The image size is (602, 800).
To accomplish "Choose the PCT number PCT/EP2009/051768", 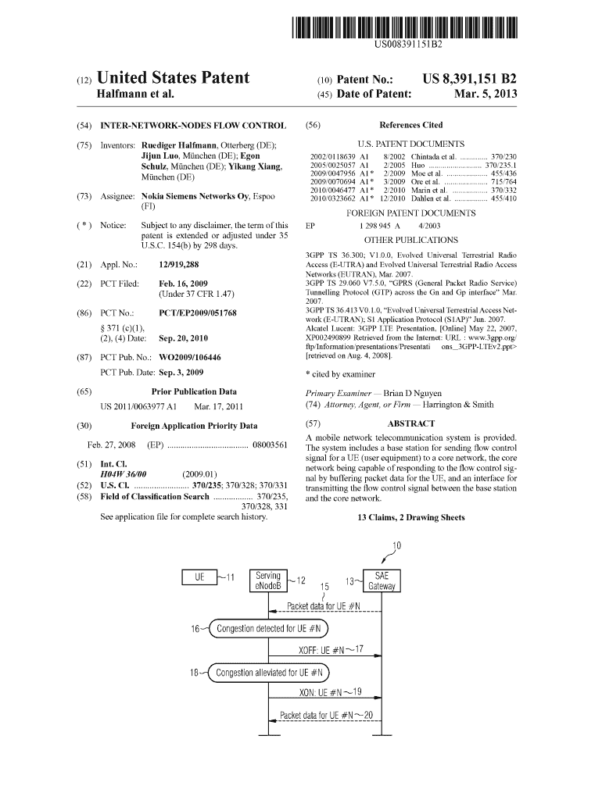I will pos(197,312).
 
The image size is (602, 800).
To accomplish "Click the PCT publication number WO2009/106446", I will pos(190,357).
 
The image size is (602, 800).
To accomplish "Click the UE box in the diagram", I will pos(199,578).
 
